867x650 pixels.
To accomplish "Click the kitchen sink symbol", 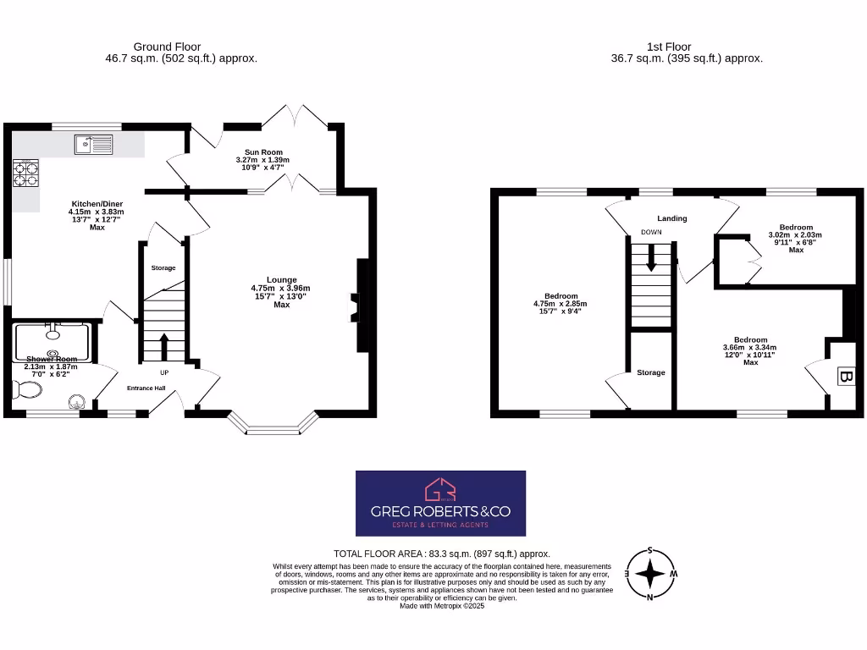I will tap(93, 145).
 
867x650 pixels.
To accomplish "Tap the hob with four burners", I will tap(26, 173).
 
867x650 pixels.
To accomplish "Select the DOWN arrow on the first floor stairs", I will tap(651, 256).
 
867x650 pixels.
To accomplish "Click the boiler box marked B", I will tap(844, 377).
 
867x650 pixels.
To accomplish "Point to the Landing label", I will tap(672, 218).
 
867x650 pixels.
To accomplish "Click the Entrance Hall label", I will tap(146, 388).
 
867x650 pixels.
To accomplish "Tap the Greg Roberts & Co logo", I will tap(440, 503).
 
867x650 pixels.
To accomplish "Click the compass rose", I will tap(649, 575).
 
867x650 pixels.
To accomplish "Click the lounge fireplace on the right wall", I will tap(359, 306).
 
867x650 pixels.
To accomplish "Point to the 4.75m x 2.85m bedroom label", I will tap(560, 303).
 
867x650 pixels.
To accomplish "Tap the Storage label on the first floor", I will tap(651, 372).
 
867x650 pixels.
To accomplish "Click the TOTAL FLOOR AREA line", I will tap(436, 554).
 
